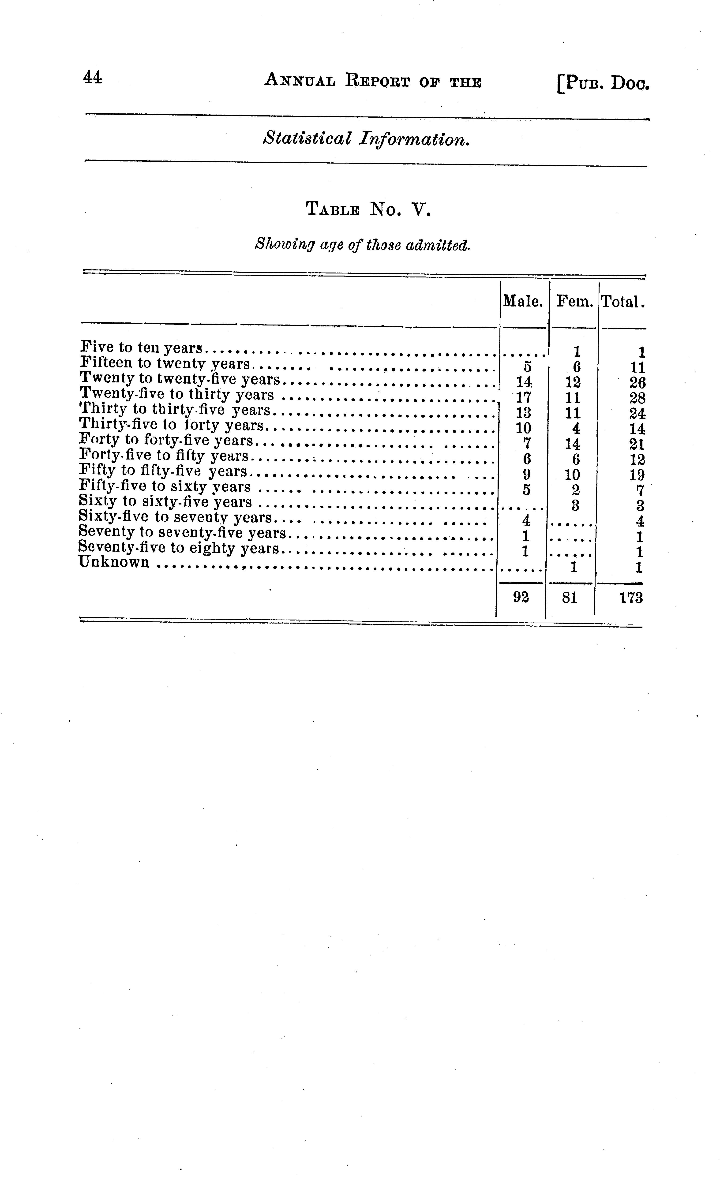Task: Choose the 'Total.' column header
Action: pyautogui.click(x=623, y=302)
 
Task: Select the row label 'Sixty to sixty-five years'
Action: pyautogui.click(x=165, y=502)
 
